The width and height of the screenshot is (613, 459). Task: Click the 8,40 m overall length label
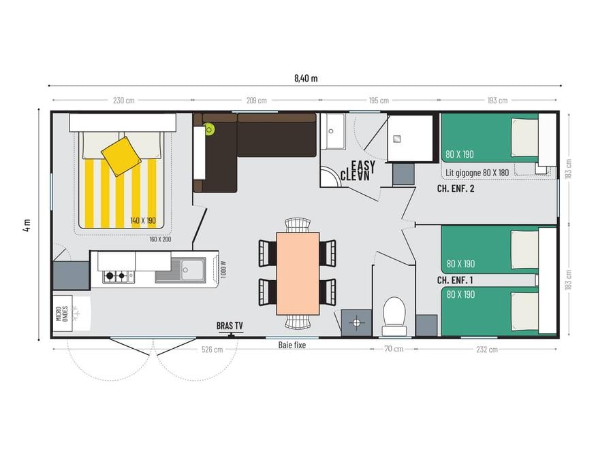click(306, 78)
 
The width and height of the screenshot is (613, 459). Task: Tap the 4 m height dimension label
click(27, 225)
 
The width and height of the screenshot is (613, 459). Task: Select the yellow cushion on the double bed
click(121, 156)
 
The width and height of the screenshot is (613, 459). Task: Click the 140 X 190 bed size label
click(143, 220)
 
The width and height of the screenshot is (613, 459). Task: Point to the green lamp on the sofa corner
click(209, 129)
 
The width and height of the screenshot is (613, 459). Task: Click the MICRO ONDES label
click(62, 313)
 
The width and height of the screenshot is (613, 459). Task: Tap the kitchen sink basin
click(192, 269)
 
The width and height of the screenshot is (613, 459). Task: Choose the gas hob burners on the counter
click(116, 276)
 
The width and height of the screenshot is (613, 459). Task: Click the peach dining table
click(298, 273)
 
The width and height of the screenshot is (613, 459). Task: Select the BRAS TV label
click(230, 326)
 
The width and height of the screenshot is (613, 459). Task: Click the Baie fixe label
click(292, 345)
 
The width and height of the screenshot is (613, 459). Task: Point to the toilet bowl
click(394, 313)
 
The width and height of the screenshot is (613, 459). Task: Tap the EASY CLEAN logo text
click(358, 171)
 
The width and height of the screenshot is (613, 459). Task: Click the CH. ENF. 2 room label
click(456, 188)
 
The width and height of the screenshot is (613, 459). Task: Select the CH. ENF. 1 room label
click(455, 280)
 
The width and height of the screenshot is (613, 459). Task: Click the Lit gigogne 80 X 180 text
click(477, 173)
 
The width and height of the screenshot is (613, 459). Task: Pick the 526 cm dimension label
click(213, 350)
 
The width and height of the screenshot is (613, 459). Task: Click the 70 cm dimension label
click(394, 349)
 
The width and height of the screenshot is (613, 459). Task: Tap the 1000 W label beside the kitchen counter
click(223, 269)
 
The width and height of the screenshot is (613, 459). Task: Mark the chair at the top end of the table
click(298, 225)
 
